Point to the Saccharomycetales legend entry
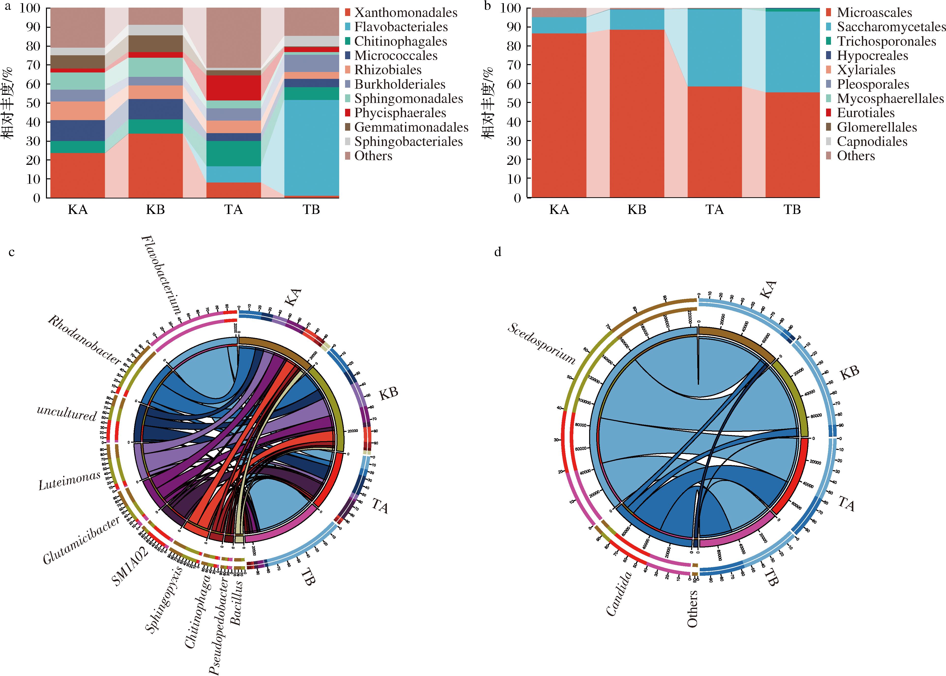coord(891,27)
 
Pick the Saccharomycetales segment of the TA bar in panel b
coord(714,48)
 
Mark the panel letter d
coord(497,252)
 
